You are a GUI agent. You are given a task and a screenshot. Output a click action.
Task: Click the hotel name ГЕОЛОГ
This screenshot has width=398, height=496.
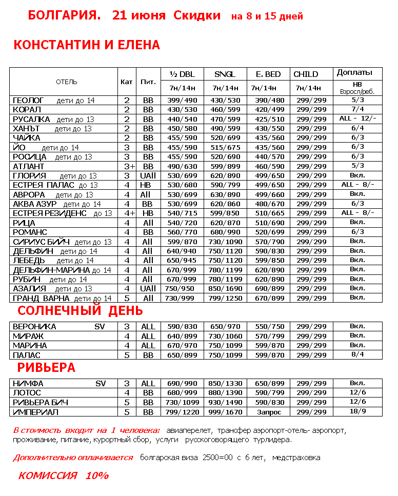tap(28, 101)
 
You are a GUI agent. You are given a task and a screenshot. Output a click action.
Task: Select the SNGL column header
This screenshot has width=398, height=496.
tap(225, 74)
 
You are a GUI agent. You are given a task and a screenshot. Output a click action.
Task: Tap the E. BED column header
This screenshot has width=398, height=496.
tap(268, 74)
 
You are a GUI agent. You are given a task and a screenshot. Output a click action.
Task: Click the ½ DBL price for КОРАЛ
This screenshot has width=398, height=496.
tap(182, 110)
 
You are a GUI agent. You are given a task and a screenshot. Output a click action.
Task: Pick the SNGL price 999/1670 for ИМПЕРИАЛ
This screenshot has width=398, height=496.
tap(225, 412)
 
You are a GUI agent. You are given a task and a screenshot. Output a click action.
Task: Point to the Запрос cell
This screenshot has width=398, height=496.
tap(268, 412)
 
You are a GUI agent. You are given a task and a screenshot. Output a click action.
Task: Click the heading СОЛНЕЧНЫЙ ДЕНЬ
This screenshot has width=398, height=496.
tap(80, 311)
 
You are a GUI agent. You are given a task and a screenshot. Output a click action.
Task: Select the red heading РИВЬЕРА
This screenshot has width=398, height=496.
tap(46, 368)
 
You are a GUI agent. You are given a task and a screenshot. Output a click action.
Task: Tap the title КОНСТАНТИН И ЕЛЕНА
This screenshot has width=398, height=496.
tap(87, 45)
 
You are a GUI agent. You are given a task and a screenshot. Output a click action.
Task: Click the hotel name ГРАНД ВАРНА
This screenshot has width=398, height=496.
tap(42, 299)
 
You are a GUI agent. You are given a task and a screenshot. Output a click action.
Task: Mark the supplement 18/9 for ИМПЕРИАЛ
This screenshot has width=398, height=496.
tap(357, 411)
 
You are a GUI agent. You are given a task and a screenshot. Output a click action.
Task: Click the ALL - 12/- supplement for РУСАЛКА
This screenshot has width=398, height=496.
tap(357, 118)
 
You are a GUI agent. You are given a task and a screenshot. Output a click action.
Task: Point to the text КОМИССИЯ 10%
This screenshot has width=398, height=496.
tap(64, 475)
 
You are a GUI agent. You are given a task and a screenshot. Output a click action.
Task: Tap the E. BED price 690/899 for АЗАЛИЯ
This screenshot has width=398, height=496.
tap(268, 289)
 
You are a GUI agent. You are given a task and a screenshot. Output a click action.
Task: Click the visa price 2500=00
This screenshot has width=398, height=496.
tap(217, 458)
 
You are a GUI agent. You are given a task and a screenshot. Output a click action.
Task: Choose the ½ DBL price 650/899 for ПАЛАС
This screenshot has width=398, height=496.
tap(182, 355)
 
